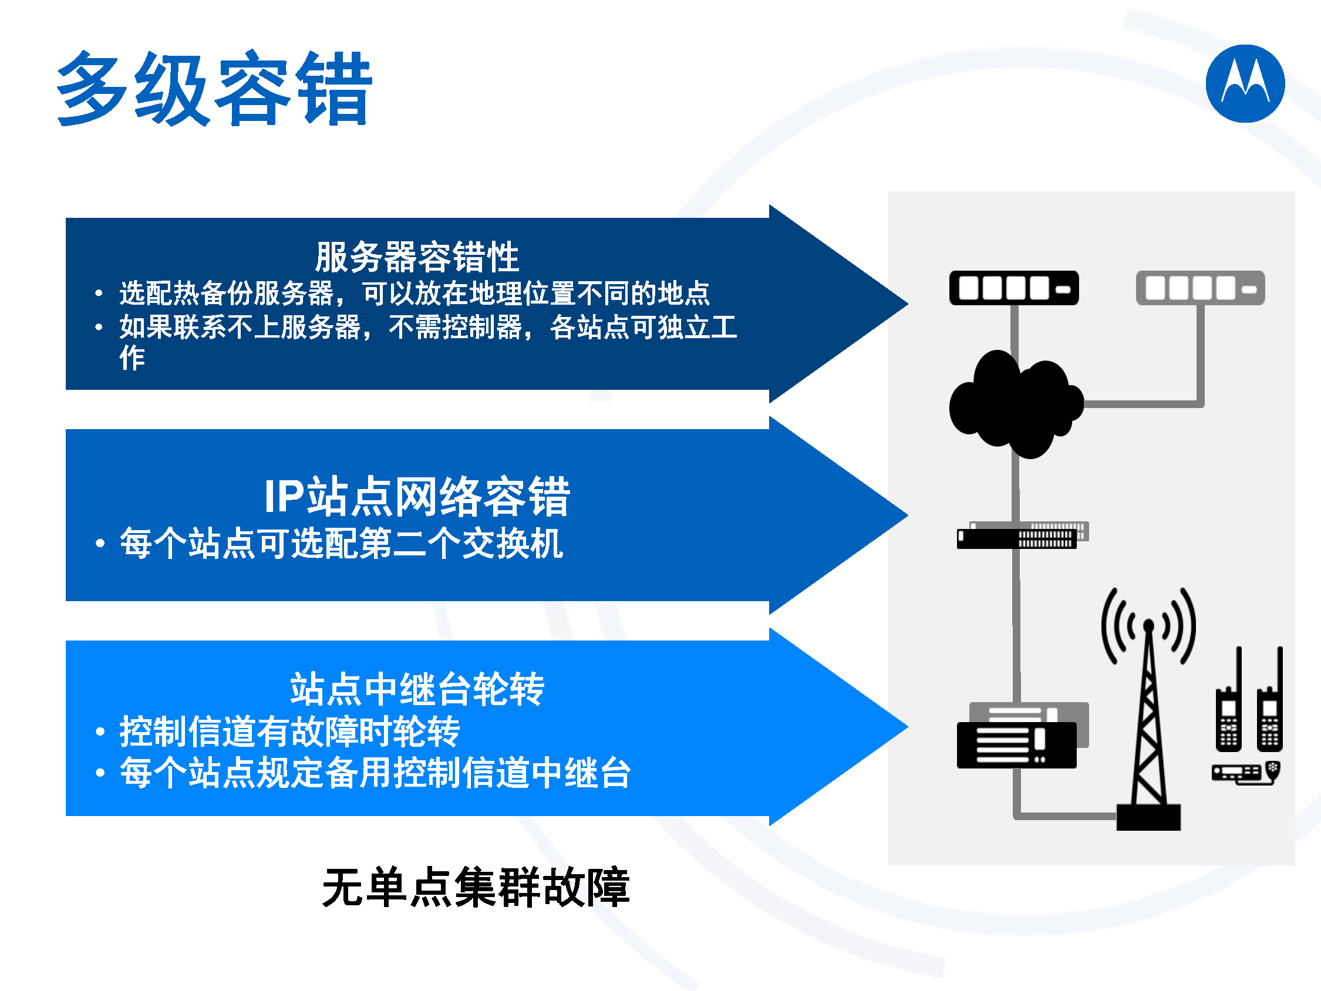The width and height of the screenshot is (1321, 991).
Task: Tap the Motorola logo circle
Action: [1245, 83]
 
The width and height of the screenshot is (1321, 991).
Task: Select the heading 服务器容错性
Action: [417, 257]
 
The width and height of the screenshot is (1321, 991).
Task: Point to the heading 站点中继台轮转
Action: [417, 689]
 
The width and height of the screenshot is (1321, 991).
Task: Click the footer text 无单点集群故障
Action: [476, 887]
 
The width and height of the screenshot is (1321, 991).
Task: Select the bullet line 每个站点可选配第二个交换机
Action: [342, 543]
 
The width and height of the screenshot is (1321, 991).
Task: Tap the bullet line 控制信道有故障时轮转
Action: [289, 731]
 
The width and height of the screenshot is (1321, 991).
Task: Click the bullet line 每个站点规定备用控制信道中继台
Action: [375, 773]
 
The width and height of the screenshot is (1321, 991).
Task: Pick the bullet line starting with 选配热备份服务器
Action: [415, 294]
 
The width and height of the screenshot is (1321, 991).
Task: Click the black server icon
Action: [1014, 288]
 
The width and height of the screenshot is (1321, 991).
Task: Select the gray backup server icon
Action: [1201, 288]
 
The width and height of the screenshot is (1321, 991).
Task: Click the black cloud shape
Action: [1016, 405]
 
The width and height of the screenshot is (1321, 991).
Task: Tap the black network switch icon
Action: [1016, 539]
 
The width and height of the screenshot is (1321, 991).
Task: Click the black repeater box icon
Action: [1016, 745]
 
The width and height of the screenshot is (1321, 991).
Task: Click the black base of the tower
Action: [1148, 817]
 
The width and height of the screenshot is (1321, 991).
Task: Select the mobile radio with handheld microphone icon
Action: [1246, 773]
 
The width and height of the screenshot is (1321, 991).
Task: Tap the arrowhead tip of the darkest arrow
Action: [908, 304]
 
